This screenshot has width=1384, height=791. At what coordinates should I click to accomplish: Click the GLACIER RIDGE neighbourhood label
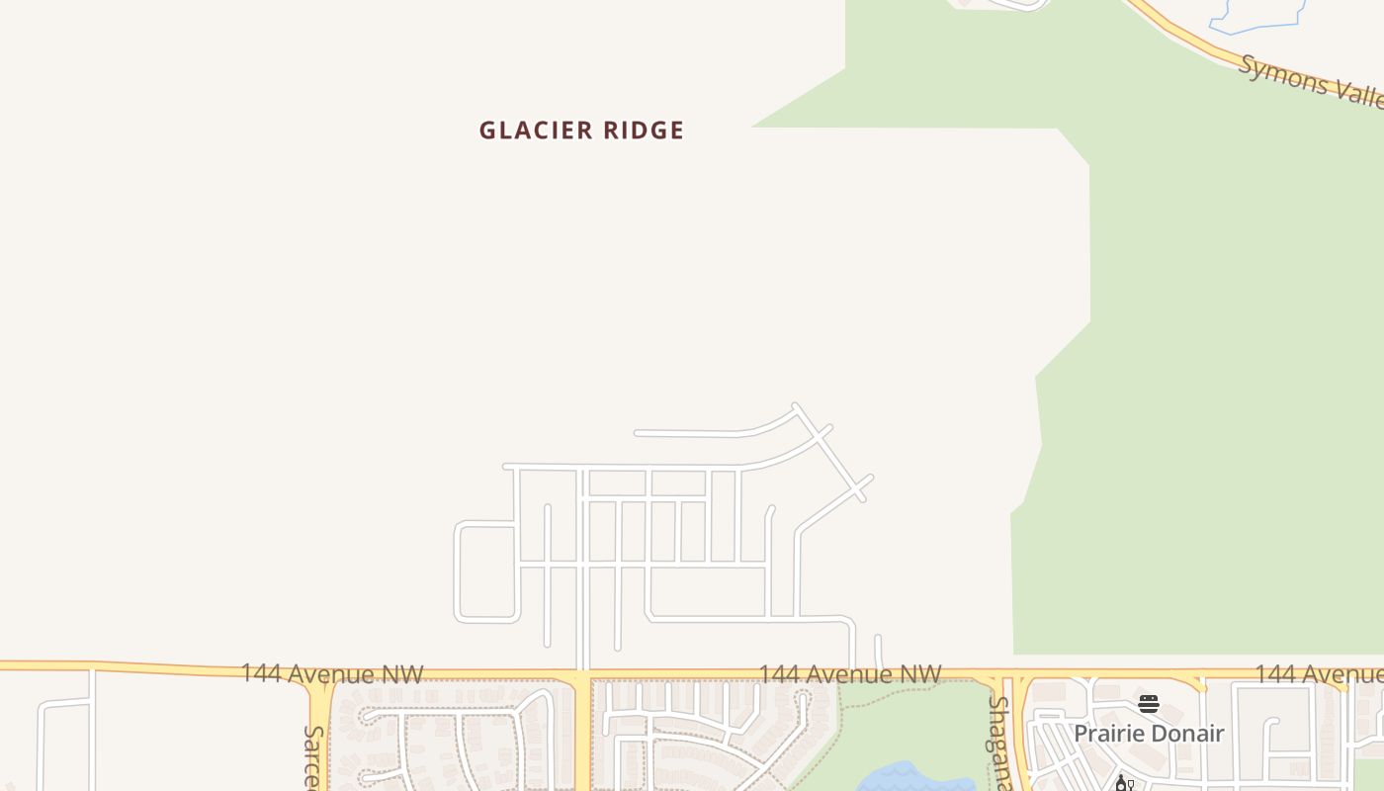(581, 131)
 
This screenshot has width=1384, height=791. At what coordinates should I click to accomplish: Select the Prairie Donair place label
(1149, 734)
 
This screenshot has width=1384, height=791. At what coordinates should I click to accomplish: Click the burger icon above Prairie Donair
(1148, 704)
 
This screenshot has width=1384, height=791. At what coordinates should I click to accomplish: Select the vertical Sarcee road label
(313, 757)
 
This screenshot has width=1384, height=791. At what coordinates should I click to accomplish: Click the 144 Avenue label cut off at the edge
(1319, 674)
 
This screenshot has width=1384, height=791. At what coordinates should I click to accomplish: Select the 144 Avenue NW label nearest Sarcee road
(332, 674)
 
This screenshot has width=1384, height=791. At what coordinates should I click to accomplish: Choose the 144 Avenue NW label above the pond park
(849, 674)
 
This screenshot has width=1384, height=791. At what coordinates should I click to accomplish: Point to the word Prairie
(1109, 734)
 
